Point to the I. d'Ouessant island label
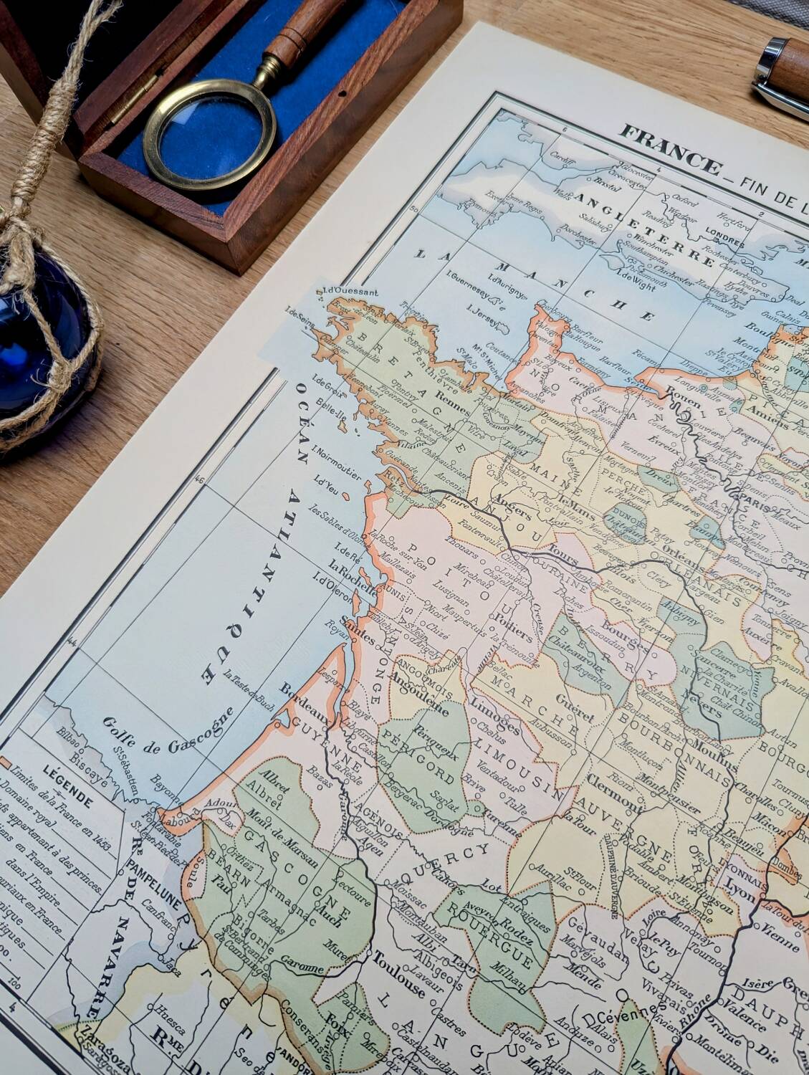tap(341, 292)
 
